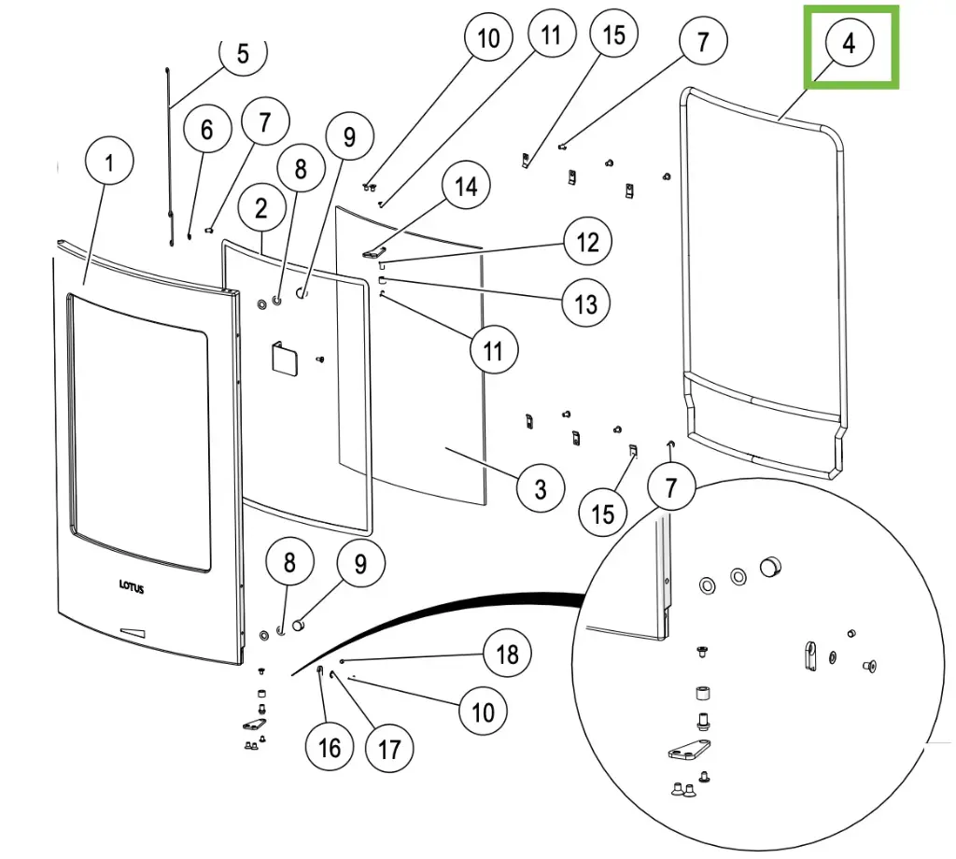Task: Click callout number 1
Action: [x=109, y=164]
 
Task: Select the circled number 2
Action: [x=260, y=208]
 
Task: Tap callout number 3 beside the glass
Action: [x=541, y=487]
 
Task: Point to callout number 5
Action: [x=243, y=53]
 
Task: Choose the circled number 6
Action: [x=206, y=130]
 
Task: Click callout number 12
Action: [x=587, y=242]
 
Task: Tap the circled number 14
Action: [x=466, y=187]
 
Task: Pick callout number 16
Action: [x=330, y=747]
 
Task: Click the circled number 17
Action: [x=388, y=748]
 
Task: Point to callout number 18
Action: [x=507, y=653]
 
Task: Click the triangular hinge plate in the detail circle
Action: [x=689, y=751]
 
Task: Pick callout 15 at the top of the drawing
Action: [x=613, y=35]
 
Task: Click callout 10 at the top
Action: [x=488, y=38]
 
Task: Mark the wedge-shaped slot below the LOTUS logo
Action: [x=133, y=631]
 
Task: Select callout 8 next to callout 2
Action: [x=300, y=169]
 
